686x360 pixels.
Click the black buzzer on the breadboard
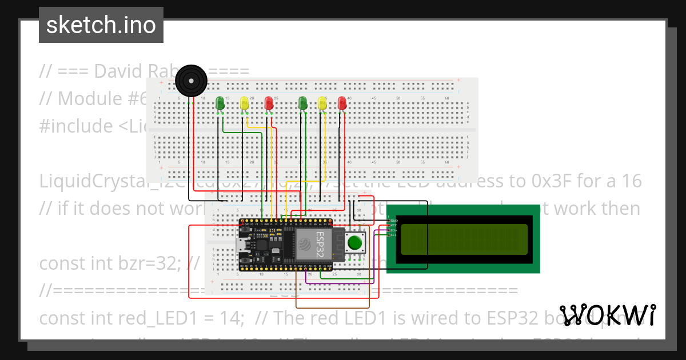190,81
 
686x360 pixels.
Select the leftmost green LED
220,103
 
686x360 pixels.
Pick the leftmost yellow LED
245,103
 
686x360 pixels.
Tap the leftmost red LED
269,103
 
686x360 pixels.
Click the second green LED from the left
303,103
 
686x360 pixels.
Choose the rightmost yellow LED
322,103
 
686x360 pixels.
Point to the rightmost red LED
342,103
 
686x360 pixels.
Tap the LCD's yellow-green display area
464,239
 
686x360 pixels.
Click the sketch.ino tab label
101,25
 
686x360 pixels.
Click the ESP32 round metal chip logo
304,245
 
